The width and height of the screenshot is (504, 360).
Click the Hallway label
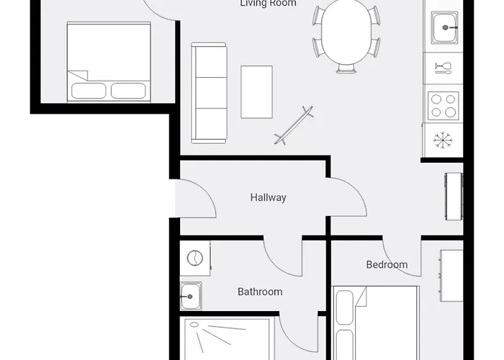pyautogui.click(x=268, y=197)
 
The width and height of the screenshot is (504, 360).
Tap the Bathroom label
pyautogui.click(x=260, y=292)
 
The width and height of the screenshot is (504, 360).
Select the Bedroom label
pyautogui.click(x=387, y=265)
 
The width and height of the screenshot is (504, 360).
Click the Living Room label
pyautogui.click(x=268, y=4)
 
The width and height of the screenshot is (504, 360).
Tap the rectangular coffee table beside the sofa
pyautogui.click(x=257, y=91)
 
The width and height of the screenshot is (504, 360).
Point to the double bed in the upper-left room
pyautogui.click(x=109, y=61)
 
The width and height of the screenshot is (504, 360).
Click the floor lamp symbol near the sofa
pyautogui.click(x=294, y=124)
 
